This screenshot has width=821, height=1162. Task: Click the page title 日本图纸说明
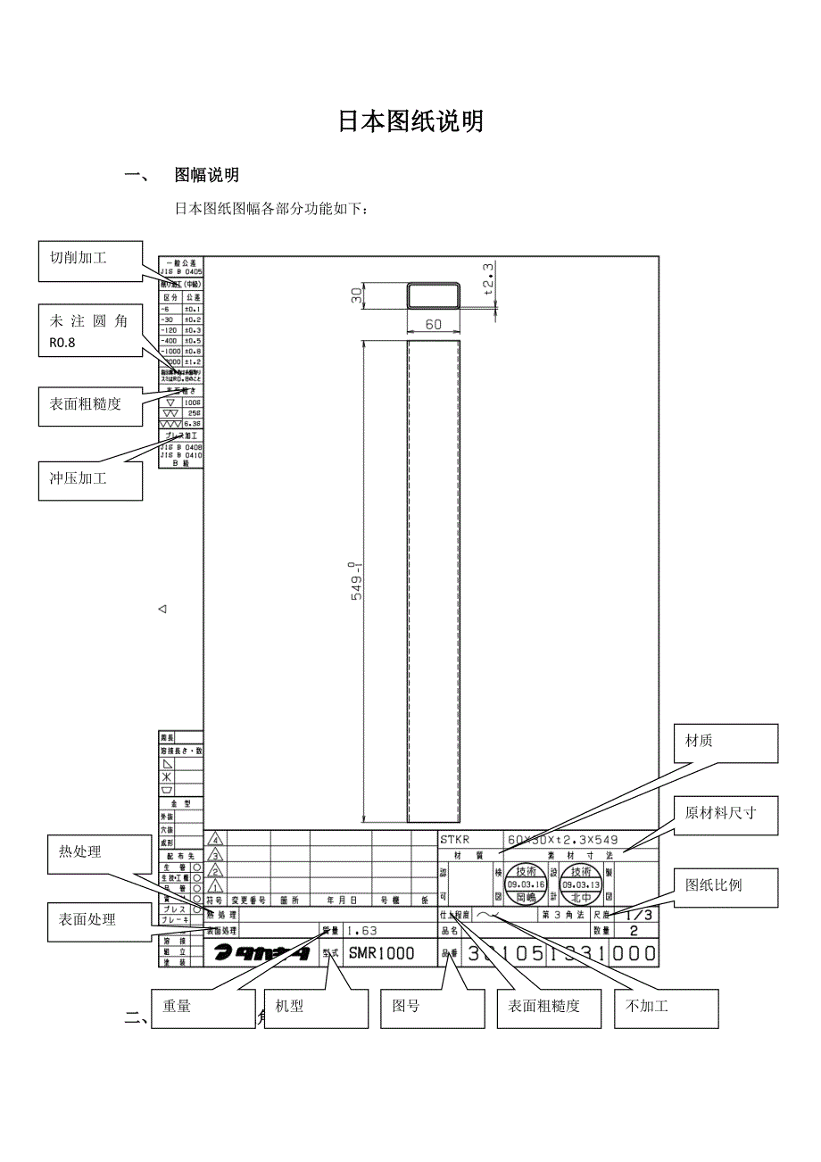click(410, 122)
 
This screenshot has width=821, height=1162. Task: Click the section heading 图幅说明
click(206, 175)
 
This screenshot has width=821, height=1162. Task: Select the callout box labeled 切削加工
click(90, 258)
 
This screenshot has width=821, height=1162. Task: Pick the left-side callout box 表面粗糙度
click(90, 404)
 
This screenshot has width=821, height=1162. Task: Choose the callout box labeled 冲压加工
click(90, 479)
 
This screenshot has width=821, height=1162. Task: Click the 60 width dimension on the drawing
click(434, 325)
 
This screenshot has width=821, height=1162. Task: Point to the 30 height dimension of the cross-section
click(357, 295)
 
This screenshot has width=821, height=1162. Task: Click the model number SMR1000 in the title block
click(381, 953)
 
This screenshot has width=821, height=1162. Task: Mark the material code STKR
click(454, 839)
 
